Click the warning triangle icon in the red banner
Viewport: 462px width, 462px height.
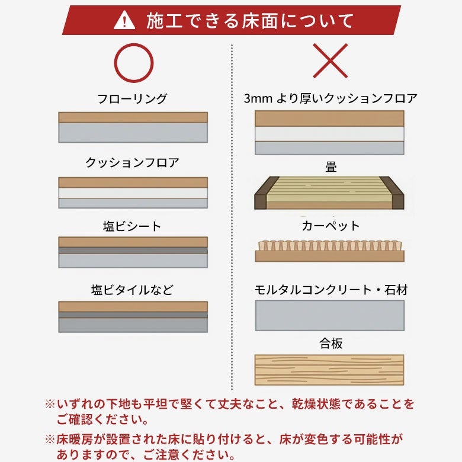click(124, 21)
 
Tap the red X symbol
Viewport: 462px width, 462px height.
click(331, 60)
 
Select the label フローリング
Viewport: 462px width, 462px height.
click(132, 98)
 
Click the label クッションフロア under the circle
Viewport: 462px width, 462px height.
click(132, 162)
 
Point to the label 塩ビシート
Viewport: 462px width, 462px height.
click(132, 226)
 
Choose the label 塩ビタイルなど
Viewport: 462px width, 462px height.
click(132, 290)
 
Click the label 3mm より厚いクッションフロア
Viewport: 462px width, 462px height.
click(331, 98)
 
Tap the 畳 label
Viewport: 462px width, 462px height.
click(331, 166)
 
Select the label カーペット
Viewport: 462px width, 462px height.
click(331, 226)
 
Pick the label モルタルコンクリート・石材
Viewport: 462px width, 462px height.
click(331, 290)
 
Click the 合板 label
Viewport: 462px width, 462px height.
click(331, 344)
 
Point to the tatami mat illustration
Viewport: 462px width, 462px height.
click(329, 193)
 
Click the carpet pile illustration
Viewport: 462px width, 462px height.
click(330, 251)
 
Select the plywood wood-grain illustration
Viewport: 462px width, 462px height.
click(329, 370)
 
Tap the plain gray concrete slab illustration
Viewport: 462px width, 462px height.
click(330, 315)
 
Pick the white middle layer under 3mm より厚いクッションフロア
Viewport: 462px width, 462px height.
click(329, 134)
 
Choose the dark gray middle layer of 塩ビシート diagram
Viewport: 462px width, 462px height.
click(133, 250)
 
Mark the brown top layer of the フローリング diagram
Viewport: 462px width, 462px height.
click(133, 117)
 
